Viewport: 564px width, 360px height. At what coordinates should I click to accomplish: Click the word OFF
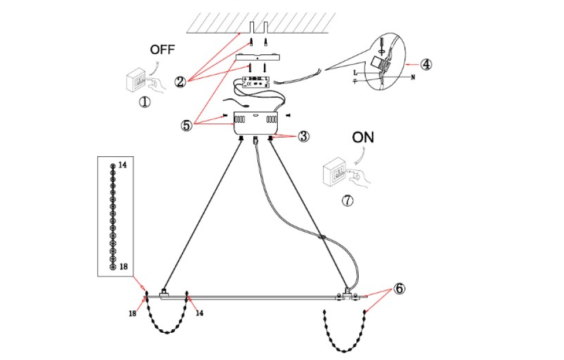point(162,50)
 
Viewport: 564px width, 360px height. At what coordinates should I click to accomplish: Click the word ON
point(363,138)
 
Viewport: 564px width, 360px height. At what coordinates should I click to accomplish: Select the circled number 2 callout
point(180,82)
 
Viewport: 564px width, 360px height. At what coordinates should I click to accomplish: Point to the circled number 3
point(304,137)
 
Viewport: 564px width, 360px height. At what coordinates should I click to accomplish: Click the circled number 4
point(425,64)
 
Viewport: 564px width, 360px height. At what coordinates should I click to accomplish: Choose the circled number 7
point(346,201)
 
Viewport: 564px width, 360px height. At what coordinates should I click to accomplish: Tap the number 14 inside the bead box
point(123,166)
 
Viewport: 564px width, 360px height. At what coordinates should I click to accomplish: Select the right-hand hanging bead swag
point(345,336)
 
